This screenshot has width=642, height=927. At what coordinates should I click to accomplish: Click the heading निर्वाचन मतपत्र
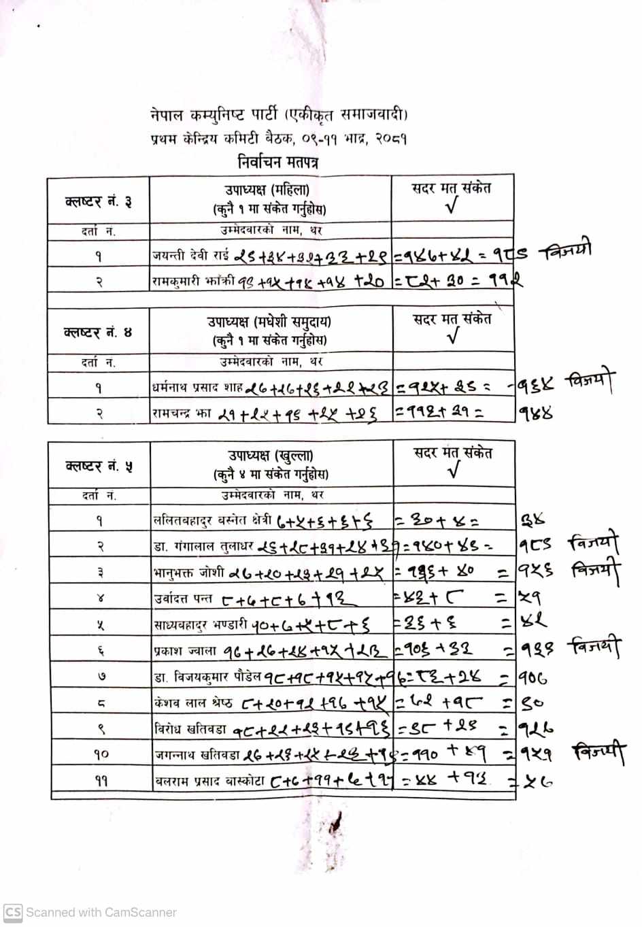(x=278, y=162)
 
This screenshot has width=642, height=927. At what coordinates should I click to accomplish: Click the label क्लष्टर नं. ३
(x=98, y=201)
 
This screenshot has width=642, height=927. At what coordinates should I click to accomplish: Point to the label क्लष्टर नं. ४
(x=98, y=332)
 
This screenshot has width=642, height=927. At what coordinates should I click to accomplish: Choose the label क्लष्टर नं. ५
(x=99, y=466)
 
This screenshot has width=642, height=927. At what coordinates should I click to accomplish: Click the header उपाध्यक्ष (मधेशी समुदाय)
(x=269, y=322)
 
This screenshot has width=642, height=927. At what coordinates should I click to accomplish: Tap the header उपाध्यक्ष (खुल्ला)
(x=270, y=456)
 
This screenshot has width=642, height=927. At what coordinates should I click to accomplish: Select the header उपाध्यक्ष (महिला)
(x=267, y=190)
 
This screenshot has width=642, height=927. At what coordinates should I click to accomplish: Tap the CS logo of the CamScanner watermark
(x=13, y=912)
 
